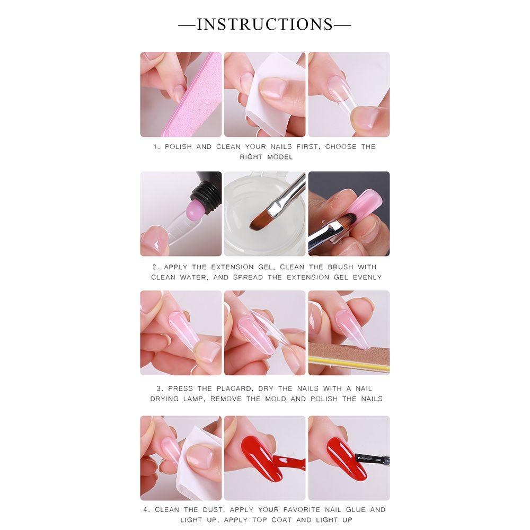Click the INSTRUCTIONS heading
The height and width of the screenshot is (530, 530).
pyautogui.click(x=265, y=24)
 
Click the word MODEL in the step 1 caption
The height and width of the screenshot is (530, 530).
pyautogui.click(x=280, y=157)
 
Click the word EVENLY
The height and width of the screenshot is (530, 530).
pyautogui.click(x=364, y=277)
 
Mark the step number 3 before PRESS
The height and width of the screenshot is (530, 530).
pyautogui.click(x=160, y=388)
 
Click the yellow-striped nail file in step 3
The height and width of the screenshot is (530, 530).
pyautogui.click(x=350, y=358)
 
